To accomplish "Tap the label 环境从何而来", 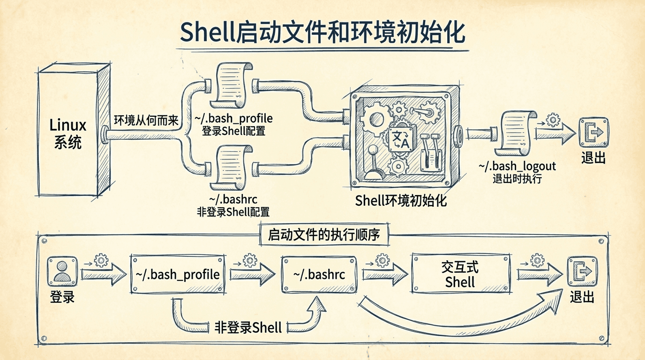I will [146, 120].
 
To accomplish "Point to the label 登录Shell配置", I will [233, 131].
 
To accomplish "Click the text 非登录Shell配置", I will [233, 211].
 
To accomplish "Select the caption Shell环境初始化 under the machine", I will [401, 201].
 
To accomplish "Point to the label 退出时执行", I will [517, 178].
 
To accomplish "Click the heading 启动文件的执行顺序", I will [323, 235].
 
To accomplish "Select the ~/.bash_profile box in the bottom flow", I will [177, 274].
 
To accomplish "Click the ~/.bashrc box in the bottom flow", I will [319, 274].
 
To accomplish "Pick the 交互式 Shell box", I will [460, 274].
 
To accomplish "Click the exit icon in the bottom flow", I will [582, 272].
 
